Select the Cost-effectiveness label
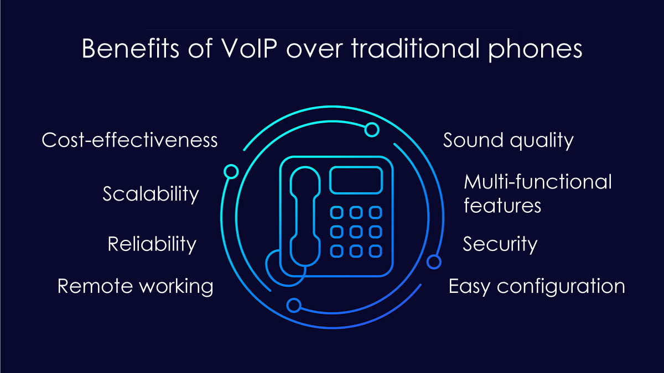point(129,140)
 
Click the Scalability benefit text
point(151,194)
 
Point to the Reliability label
point(152,244)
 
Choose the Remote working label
point(135,286)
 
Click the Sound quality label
point(508,140)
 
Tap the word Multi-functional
point(538,181)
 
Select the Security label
point(500,244)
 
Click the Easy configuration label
point(537,286)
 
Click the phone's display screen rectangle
point(356,180)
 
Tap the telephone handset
point(305,217)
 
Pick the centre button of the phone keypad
point(356,232)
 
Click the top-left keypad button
point(337,213)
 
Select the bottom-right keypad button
point(375,251)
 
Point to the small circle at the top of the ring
point(372,130)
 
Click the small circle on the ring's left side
point(231,172)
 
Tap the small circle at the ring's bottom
point(294,305)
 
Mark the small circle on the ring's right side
point(434,262)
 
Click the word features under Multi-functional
point(502,206)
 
